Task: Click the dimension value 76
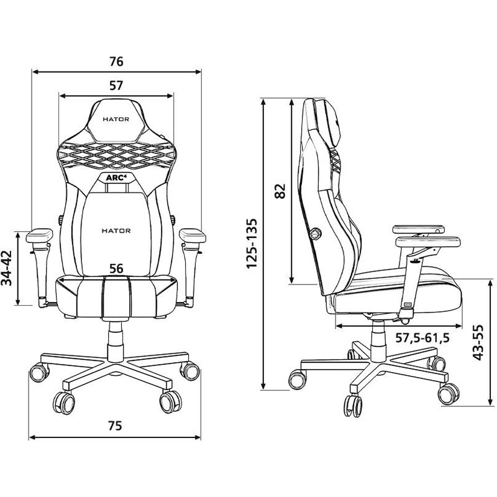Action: click(x=116, y=62)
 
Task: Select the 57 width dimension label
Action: click(x=116, y=86)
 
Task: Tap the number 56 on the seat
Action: click(x=116, y=268)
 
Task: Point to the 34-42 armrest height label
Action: click(x=7, y=268)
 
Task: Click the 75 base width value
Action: click(x=114, y=426)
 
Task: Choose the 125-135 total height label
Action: click(x=252, y=244)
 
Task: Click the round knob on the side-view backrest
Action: click(x=316, y=234)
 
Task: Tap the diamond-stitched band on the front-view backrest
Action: click(x=116, y=155)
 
